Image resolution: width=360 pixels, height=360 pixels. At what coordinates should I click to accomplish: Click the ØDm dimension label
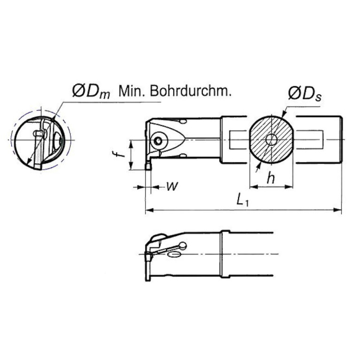[x=91, y=91]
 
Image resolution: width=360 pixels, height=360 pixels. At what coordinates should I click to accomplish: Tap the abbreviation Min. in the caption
[x=132, y=91]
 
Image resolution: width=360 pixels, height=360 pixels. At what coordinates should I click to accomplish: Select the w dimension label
[x=172, y=186]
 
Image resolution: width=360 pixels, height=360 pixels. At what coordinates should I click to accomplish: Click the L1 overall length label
[x=242, y=201]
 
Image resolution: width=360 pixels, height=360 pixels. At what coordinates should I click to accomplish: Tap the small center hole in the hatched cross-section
[x=271, y=139]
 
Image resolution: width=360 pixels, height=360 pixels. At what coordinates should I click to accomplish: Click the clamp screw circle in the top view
[x=159, y=140]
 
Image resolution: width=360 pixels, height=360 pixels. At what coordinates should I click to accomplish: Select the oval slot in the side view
[x=174, y=254]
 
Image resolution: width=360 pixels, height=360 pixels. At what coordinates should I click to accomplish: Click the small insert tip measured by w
[x=148, y=165]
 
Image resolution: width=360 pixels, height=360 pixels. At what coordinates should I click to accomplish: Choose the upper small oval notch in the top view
[x=183, y=122]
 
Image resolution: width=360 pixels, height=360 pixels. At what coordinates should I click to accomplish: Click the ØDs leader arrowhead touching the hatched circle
[x=282, y=115]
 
